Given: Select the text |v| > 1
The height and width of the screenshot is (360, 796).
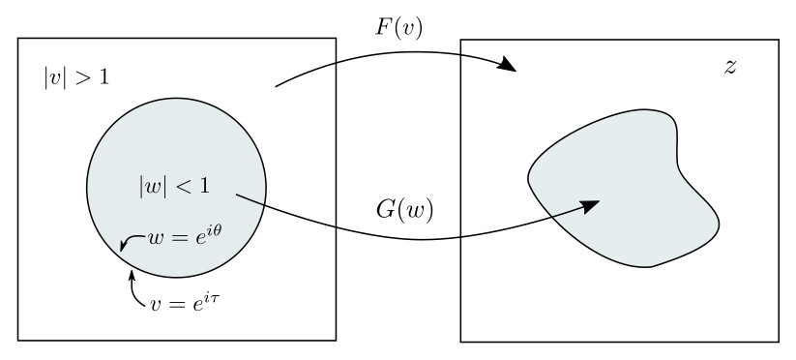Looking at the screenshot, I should pos(69,75).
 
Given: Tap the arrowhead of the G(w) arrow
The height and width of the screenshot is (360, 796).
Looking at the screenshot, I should pos(593,203).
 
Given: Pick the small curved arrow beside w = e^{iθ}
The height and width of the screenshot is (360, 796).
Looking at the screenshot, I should pos(129,242).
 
